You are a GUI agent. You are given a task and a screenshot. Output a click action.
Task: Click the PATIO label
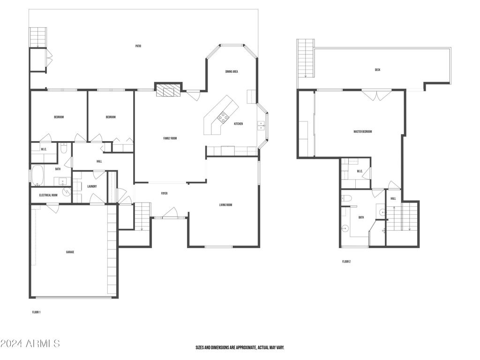coord(138,46)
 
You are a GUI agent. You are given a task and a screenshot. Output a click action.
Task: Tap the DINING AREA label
coord(232,72)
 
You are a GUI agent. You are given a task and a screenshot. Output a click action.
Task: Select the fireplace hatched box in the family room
coord(168,90)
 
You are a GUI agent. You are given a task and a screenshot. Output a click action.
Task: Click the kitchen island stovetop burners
coord(223,118)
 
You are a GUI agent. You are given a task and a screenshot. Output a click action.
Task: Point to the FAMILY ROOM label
coord(170,138)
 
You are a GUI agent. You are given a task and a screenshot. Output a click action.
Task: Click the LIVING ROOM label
coord(225,205)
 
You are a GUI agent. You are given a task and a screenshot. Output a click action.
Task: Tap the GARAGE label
coord(70,252)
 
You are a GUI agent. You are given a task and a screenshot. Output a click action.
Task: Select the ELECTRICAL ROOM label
coord(48,195)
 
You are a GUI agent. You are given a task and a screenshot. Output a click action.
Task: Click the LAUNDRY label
coord(92,187)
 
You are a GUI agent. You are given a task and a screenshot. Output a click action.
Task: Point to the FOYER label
coord(165,194)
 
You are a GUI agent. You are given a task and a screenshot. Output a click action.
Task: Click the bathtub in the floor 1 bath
coord(38,175)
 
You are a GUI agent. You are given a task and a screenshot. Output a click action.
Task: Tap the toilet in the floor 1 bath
coord(64,148)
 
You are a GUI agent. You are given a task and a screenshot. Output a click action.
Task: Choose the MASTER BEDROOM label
coord(363,132)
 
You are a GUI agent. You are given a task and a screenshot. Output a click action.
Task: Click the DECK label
coord(377,70)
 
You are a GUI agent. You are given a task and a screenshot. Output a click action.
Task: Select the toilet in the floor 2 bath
coord(347,198)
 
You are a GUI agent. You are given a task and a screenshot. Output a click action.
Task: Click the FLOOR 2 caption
coord(346,262)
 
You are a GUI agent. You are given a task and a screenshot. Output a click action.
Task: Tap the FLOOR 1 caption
coord(36,312)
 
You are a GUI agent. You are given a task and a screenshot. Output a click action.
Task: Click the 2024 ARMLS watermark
coord(30,344)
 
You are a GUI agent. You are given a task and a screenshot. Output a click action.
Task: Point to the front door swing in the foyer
coord(170,213)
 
